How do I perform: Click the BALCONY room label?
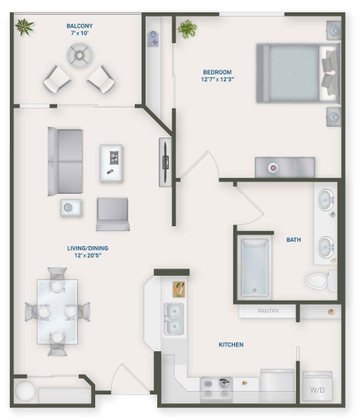[79, 30]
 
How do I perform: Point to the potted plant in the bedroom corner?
[188, 30]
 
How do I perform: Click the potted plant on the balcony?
[24, 27]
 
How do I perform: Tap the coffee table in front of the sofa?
[111, 162]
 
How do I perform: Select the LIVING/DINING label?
[88, 252]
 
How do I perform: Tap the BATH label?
[294, 240]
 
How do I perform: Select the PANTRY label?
[266, 311]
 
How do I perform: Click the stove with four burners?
[216, 388]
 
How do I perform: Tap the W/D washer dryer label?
[317, 389]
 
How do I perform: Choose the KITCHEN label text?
[231, 344]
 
